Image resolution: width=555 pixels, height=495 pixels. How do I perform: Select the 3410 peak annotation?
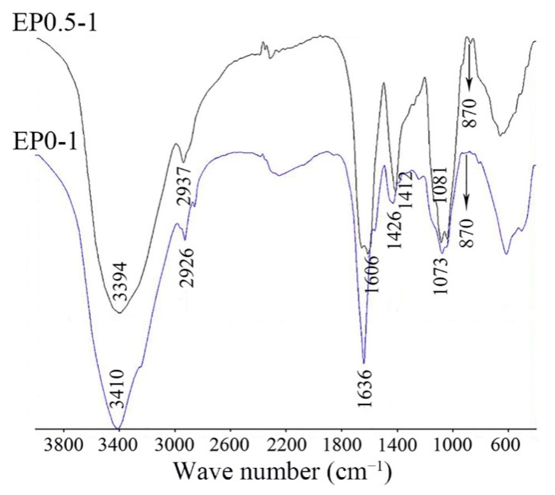pos(117,389)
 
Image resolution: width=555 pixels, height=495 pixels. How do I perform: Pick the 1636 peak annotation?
pos(365,392)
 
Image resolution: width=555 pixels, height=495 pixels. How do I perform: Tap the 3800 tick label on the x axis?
pos(64,445)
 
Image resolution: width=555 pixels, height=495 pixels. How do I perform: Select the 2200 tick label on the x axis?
pos(286,445)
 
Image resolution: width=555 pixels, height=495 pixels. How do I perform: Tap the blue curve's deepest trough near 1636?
pos(364,363)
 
